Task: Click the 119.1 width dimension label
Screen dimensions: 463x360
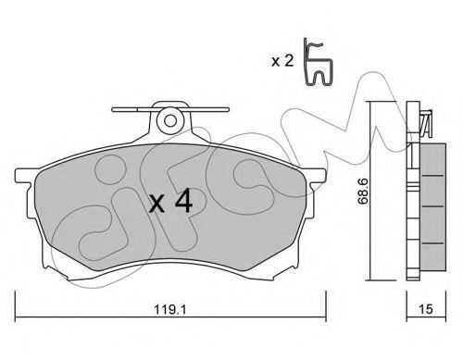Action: point(170,309)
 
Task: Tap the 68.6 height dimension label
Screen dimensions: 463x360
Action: point(363,192)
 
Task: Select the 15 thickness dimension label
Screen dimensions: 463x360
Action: point(426,309)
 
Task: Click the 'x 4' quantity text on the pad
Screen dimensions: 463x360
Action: point(170,202)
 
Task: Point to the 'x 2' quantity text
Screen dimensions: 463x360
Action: point(282,61)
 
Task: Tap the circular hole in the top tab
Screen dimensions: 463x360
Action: point(170,120)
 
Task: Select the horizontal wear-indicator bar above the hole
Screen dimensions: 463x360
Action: point(170,109)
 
